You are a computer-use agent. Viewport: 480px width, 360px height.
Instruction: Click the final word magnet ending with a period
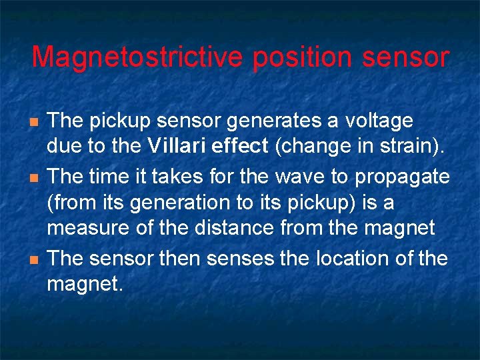85,285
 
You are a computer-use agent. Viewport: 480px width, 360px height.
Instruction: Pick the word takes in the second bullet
173,178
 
